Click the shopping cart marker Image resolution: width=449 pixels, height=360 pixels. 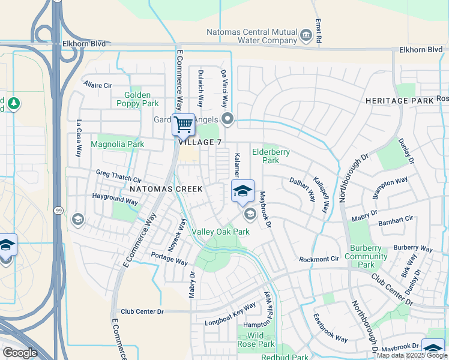[184, 125]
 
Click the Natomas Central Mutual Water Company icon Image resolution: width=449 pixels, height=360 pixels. [307, 36]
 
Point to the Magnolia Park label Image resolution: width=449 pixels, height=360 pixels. [117, 144]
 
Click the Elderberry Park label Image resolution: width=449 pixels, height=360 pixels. [271, 156]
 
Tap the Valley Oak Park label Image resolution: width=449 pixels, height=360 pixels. [220, 232]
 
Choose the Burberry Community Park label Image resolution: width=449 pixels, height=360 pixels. [366, 256]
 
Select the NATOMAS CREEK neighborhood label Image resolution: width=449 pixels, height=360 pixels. [166, 188]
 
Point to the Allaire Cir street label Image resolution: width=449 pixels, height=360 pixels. [98, 85]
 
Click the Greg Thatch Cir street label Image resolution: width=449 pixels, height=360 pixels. [118, 176]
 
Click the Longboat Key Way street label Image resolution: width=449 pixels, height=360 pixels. [231, 314]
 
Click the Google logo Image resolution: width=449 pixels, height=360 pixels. [20, 353]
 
